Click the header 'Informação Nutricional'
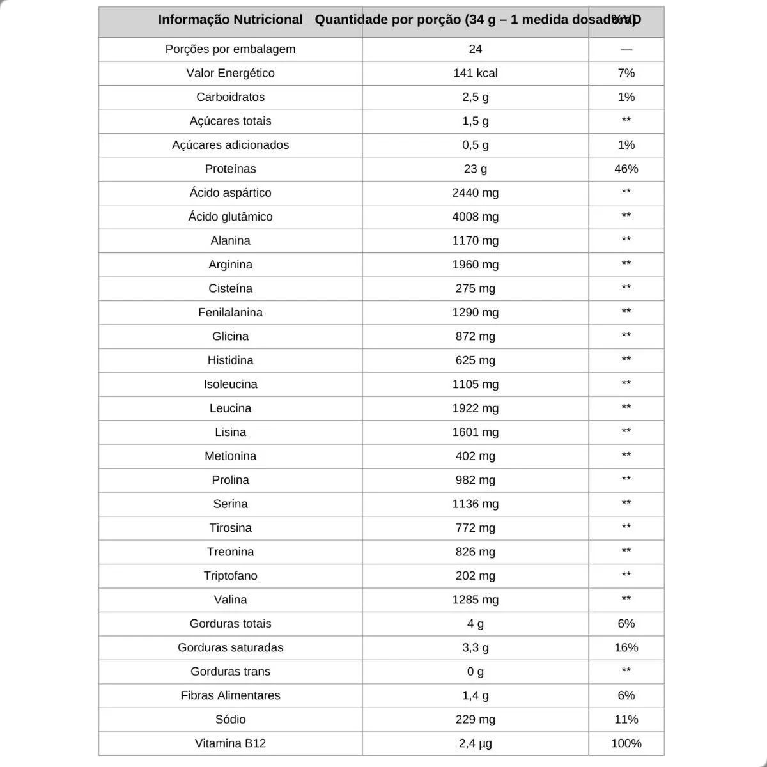(x=230, y=20)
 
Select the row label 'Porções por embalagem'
(x=230, y=49)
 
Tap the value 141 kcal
(x=475, y=73)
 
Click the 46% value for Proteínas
(x=626, y=169)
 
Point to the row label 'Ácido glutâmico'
(x=230, y=217)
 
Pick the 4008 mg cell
(x=475, y=217)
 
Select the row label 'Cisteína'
(x=230, y=288)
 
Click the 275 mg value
(x=475, y=288)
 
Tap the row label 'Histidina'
(x=230, y=360)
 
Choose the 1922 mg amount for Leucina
(x=475, y=408)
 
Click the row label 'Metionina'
(x=230, y=456)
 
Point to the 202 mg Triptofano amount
(x=475, y=576)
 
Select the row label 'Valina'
(x=230, y=600)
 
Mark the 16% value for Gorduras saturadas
(x=626, y=647)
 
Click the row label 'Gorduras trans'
(x=230, y=671)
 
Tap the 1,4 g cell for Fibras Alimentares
(x=475, y=695)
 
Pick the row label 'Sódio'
(x=230, y=719)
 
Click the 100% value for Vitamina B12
(x=626, y=743)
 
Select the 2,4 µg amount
(x=475, y=743)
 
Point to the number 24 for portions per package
(x=475, y=49)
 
